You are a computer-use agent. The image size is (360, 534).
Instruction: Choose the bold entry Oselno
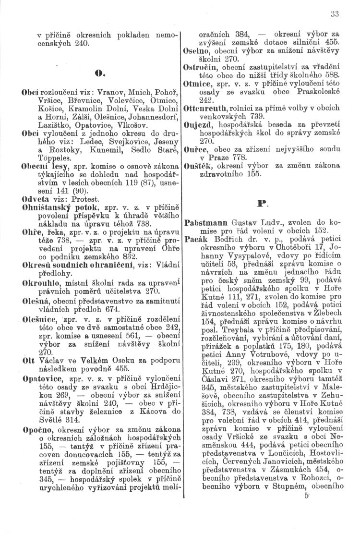(x=197, y=52)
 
